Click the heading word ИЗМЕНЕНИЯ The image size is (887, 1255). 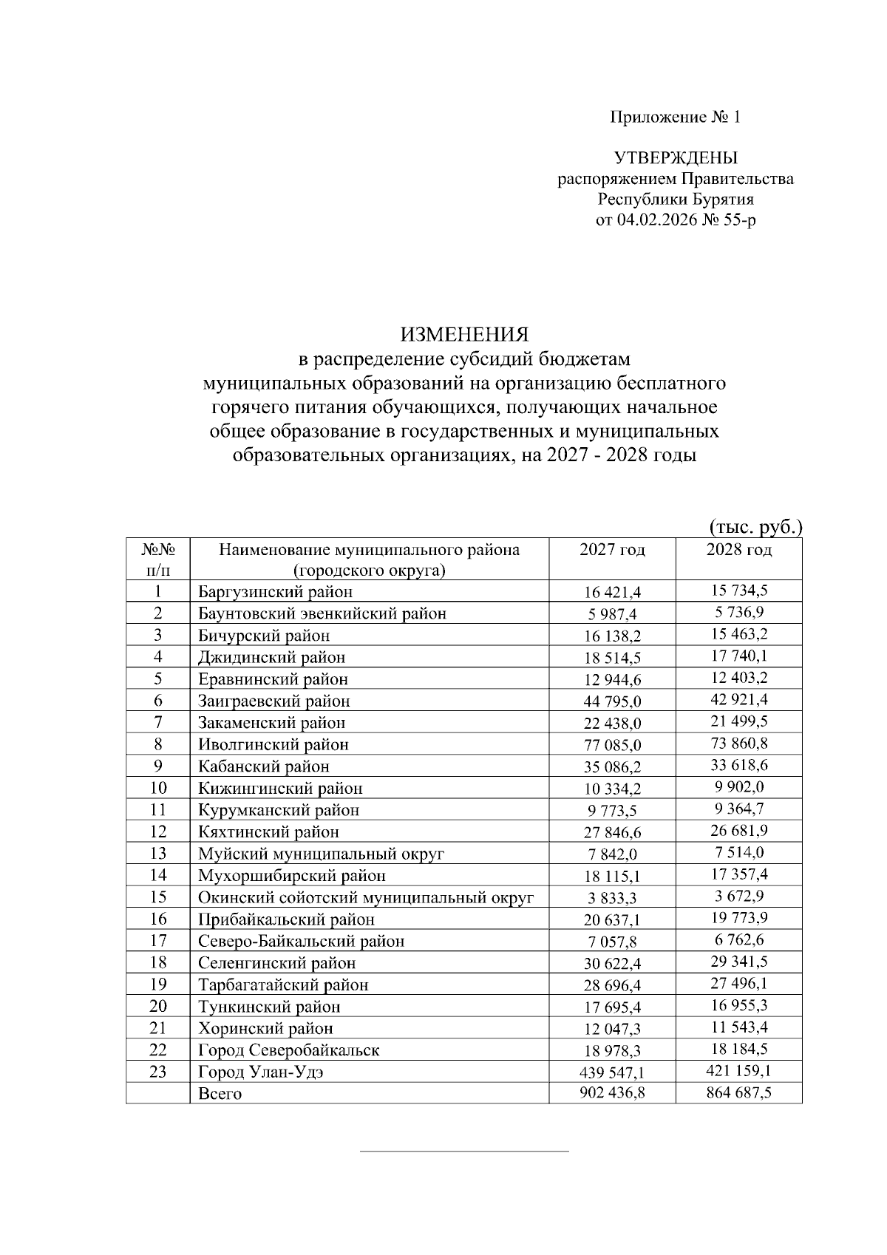pyautogui.click(x=465, y=334)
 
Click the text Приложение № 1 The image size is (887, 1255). pyautogui.click(x=674, y=118)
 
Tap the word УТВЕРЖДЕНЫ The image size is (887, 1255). pyautogui.click(x=676, y=158)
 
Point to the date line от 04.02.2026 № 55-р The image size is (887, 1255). pyautogui.click(x=676, y=220)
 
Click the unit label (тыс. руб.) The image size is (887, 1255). pyautogui.click(x=755, y=527)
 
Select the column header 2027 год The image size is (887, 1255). pyautogui.click(x=612, y=550)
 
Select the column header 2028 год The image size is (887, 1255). pyautogui.click(x=738, y=550)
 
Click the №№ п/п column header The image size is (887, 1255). pyautogui.click(x=157, y=560)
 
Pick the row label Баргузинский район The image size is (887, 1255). pyautogui.click(x=275, y=592)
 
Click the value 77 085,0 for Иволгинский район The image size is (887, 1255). pyautogui.click(x=612, y=745)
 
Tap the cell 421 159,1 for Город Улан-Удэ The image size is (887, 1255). pyautogui.click(x=738, y=1069)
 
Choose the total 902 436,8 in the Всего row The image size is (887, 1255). pyautogui.click(x=612, y=1093)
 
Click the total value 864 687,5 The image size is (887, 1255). pyautogui.click(x=738, y=1092)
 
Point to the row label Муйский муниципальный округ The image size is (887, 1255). pyautogui.click(x=321, y=854)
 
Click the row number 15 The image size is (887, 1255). pyautogui.click(x=157, y=897)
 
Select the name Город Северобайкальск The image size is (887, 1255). pyautogui.click(x=288, y=1050)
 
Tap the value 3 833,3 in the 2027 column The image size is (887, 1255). pyautogui.click(x=612, y=899)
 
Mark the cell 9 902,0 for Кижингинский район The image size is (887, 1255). pyautogui.click(x=738, y=786)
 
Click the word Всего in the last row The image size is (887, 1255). pyautogui.click(x=220, y=1094)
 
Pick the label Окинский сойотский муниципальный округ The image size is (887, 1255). pyautogui.click(x=365, y=898)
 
